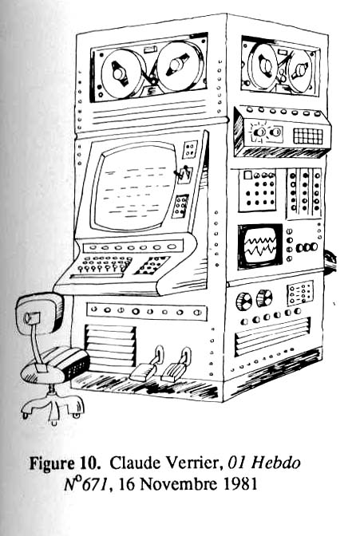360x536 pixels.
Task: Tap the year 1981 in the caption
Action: (240, 484)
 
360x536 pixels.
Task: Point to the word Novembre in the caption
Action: (179, 484)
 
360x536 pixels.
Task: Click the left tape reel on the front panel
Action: (121, 73)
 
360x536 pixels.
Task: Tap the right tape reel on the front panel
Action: (180, 65)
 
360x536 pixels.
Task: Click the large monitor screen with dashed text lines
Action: (134, 187)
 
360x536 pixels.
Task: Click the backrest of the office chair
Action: (39, 313)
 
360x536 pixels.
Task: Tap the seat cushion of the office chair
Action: (55, 365)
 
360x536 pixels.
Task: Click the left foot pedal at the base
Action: (144, 371)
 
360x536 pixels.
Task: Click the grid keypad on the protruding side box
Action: (308, 136)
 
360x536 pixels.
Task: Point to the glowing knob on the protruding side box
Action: (260, 132)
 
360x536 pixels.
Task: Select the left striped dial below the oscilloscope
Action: (244, 301)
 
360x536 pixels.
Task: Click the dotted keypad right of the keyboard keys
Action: (152, 266)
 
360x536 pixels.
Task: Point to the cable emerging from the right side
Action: (330, 262)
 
